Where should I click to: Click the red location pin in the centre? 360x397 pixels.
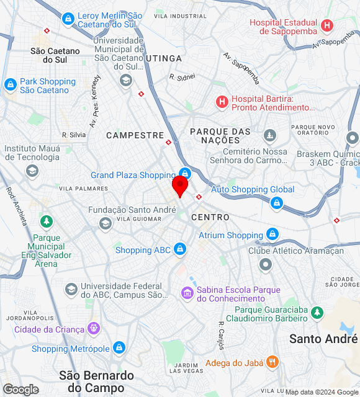(180, 185)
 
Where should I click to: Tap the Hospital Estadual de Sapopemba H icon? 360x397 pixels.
(328, 26)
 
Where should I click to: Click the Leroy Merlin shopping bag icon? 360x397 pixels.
(68, 18)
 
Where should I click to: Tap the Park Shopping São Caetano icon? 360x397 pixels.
(10, 84)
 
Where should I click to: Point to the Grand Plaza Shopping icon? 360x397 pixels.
(184, 174)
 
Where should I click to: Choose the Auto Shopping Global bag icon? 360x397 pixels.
(277, 202)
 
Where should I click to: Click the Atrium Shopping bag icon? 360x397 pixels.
(272, 234)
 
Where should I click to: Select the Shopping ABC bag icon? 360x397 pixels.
(179, 249)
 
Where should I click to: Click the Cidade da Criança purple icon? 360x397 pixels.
(94, 328)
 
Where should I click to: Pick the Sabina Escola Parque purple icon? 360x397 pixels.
(186, 292)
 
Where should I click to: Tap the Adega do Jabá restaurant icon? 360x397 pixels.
(272, 362)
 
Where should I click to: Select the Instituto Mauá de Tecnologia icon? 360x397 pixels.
(32, 170)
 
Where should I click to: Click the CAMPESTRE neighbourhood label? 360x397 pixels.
(135, 135)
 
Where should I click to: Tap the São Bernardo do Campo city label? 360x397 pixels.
(96, 381)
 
